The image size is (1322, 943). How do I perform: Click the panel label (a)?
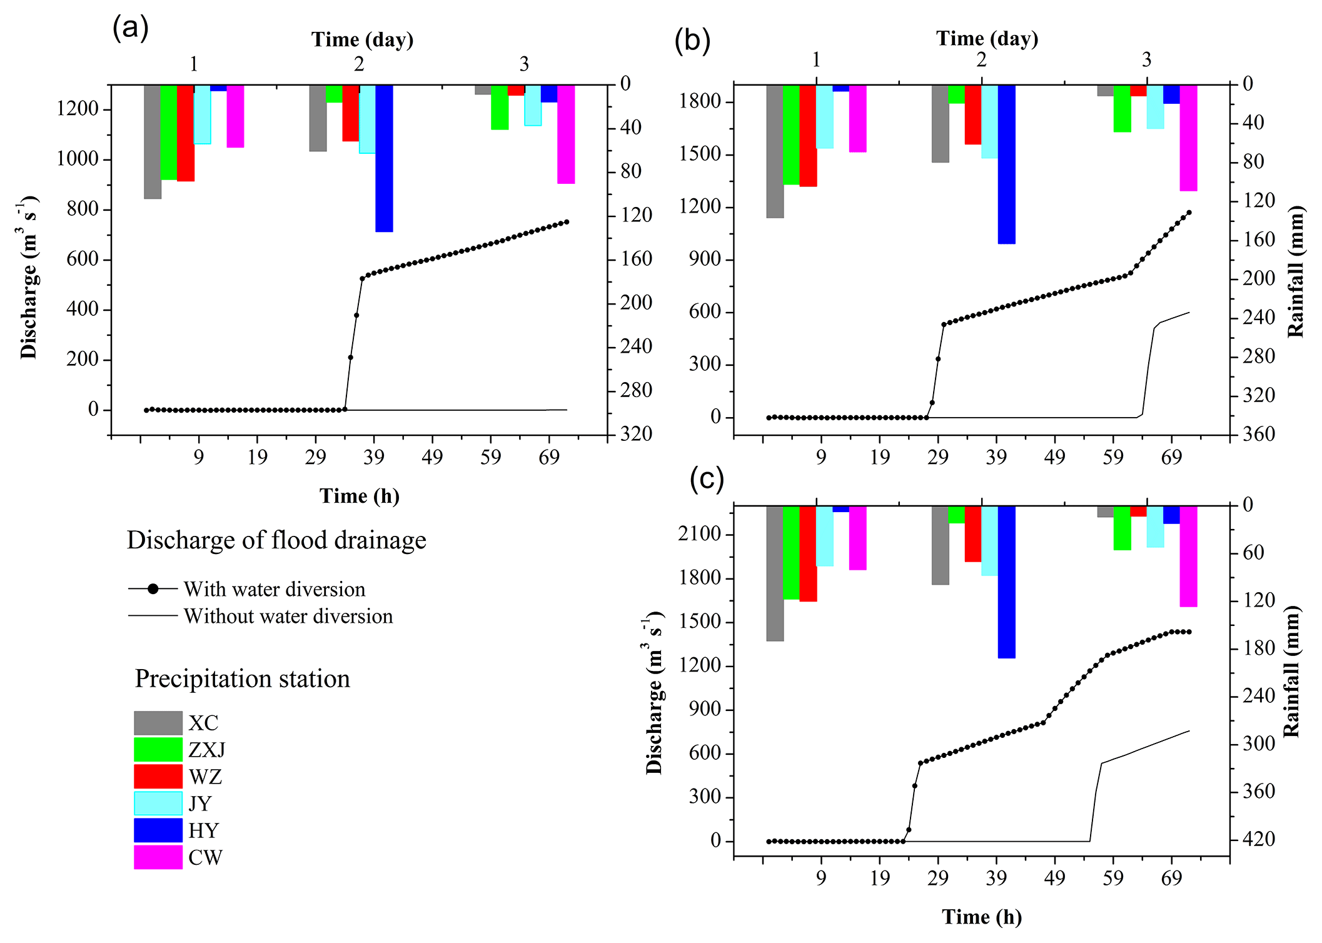tap(130, 28)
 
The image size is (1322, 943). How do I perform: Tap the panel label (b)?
tap(692, 41)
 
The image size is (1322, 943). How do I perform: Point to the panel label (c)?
tap(706, 478)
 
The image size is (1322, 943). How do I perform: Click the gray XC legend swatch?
tap(158, 723)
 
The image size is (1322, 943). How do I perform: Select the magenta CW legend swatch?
tap(158, 857)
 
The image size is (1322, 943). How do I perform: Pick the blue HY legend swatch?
tap(158, 830)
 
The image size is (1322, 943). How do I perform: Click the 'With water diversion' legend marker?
tap(153, 589)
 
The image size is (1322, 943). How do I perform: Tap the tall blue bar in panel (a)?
tap(384, 158)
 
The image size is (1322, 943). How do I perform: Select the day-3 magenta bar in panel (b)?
tap(1188, 138)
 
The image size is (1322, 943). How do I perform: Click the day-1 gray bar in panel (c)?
tap(775, 573)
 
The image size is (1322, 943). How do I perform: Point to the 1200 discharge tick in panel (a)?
tap(78, 109)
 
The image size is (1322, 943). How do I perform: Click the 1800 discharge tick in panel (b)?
tap(700, 101)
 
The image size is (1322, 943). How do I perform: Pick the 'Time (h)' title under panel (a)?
tap(359, 496)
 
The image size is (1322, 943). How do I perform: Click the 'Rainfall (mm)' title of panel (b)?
tap(1296, 271)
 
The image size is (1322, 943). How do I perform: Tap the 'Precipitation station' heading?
tap(242, 679)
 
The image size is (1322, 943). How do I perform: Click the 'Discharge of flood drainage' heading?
tap(276, 540)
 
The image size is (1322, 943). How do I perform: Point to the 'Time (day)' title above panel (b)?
tap(987, 39)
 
